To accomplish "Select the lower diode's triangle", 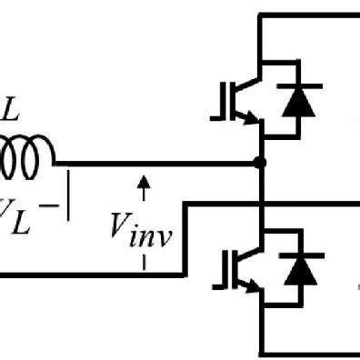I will click(295, 270).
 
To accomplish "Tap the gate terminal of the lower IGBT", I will click(218, 270).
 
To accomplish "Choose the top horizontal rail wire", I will click(309, 15).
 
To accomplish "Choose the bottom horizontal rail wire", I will click(309, 353).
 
